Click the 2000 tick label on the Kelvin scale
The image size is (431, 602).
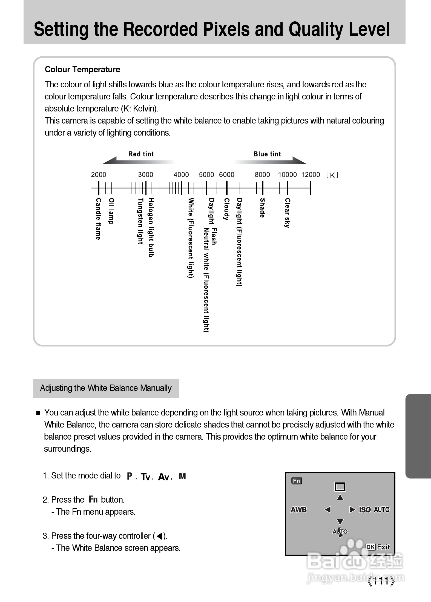pyautogui.click(x=99, y=175)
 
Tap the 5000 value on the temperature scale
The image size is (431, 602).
pyautogui.click(x=206, y=175)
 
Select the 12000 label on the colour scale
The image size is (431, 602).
pyautogui.click(x=311, y=175)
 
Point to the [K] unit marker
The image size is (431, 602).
pyautogui.click(x=332, y=175)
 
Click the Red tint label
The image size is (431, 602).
pyautogui.click(x=141, y=154)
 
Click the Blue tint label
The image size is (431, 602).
pyautogui.click(x=267, y=154)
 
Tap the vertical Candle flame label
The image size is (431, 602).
pyautogui.click(x=98, y=219)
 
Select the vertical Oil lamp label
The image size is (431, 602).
pyautogui.click(x=111, y=211)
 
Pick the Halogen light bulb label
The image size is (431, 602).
pyautogui.click(x=151, y=227)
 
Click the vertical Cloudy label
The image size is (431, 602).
pyautogui.click(x=226, y=209)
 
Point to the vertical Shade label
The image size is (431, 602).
pyautogui.click(x=262, y=208)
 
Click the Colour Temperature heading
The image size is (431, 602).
pyautogui.click(x=82, y=70)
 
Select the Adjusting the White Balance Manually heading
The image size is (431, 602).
pyautogui.click(x=106, y=388)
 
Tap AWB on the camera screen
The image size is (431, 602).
pyautogui.click(x=299, y=510)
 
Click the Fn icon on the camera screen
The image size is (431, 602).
pyautogui.click(x=297, y=481)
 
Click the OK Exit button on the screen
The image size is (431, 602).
pyautogui.click(x=378, y=547)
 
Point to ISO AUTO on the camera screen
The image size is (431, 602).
pyautogui.click(x=374, y=510)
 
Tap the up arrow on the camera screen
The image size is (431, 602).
pyautogui.click(x=340, y=497)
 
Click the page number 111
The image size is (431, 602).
pyautogui.click(x=381, y=581)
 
